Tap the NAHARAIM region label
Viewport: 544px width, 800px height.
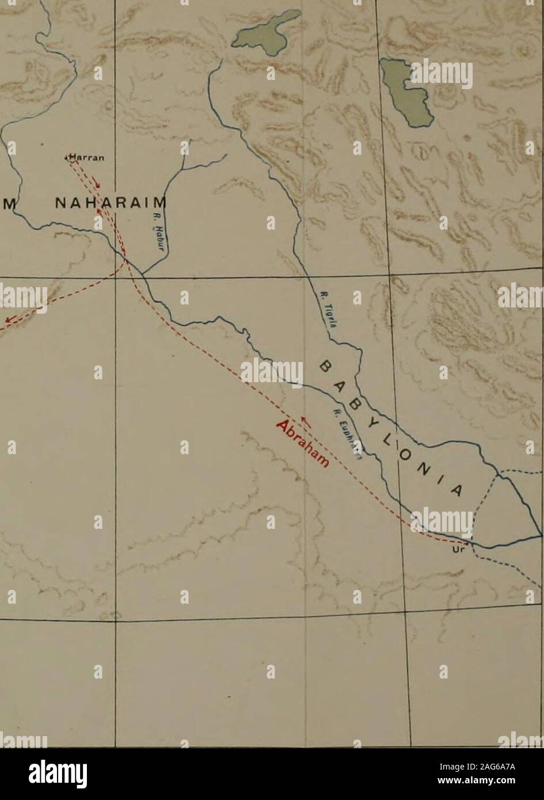point(109,203)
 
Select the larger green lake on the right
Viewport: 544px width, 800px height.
point(406,92)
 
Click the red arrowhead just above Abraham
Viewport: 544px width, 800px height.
point(307,425)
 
